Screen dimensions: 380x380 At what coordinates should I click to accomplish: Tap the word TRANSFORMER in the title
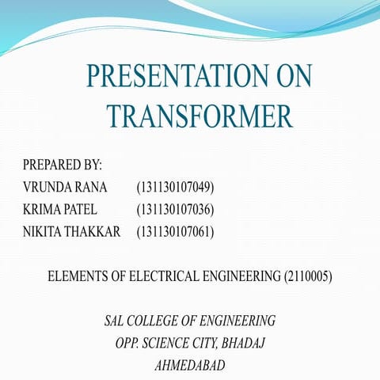pos(199,116)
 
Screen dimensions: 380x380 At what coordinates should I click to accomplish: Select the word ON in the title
pos(287,77)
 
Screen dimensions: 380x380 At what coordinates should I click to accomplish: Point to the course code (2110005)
pos(308,277)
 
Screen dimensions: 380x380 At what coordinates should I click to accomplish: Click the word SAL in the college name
pos(116,321)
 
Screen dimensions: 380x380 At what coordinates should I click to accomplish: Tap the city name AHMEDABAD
pos(190,366)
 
